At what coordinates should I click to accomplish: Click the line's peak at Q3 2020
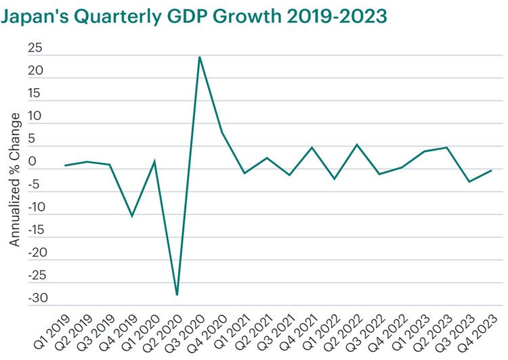tap(199, 57)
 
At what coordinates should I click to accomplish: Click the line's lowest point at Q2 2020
tap(177, 295)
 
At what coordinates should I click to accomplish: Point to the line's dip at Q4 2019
tap(132, 216)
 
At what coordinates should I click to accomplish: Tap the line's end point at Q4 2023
tap(490, 170)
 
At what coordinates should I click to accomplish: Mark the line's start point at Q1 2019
tap(65, 165)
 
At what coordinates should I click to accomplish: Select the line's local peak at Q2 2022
tap(356, 144)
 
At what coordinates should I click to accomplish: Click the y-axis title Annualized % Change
tap(15, 180)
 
